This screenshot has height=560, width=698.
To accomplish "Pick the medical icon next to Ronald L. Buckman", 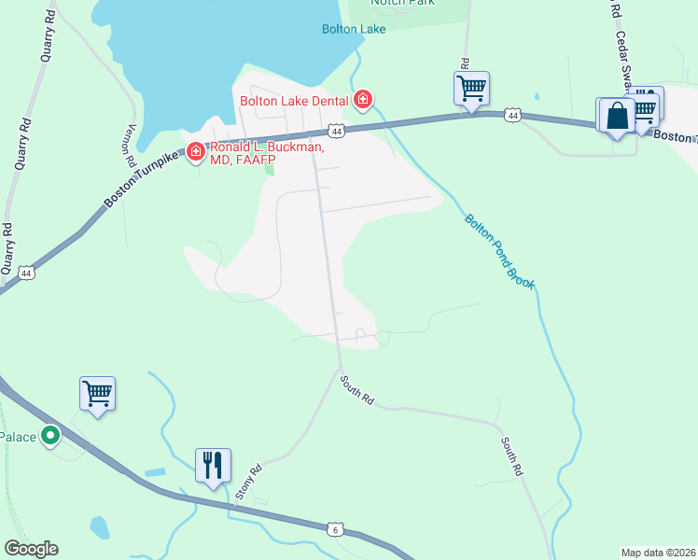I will pyautogui.click(x=196, y=151).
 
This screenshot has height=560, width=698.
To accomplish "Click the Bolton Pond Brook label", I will pyautogui.click(x=498, y=250).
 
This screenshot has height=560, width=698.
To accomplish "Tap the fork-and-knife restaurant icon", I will pyautogui.click(x=213, y=464).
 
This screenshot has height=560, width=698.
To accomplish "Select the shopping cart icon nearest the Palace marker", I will pyautogui.click(x=97, y=393).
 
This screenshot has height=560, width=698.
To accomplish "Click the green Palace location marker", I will pyautogui.click(x=50, y=434).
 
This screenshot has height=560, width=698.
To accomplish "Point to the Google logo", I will pyautogui.click(x=31, y=549).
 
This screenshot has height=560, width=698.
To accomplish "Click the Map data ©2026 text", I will pyautogui.click(x=657, y=553).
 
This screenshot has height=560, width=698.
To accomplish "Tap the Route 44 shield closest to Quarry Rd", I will pyautogui.click(x=26, y=273).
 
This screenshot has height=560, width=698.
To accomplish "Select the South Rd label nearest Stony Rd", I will pyautogui.click(x=357, y=390).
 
